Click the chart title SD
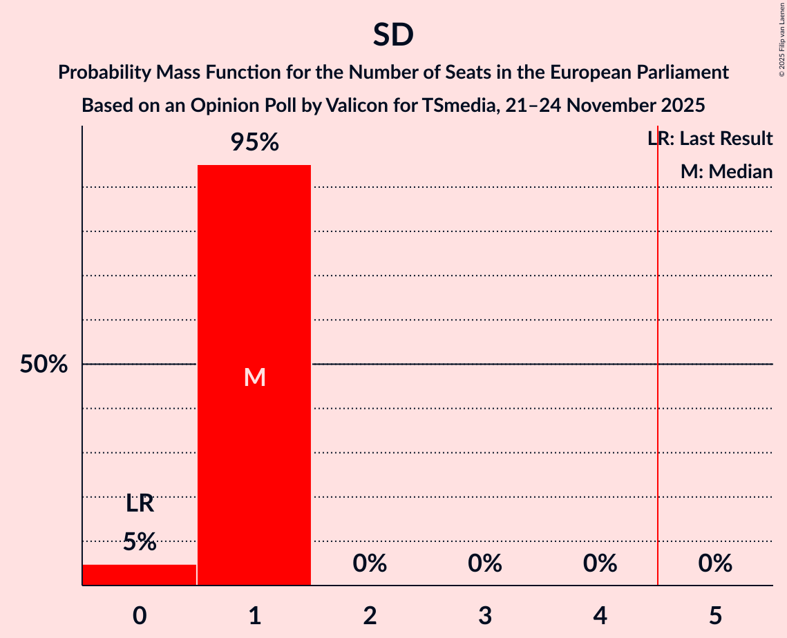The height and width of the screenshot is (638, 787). [393, 35]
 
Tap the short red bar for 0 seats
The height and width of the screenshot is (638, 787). [140, 574]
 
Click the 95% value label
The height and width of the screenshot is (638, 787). [254, 143]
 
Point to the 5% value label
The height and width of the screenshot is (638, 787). [140, 542]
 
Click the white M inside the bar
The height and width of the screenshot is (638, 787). [254, 377]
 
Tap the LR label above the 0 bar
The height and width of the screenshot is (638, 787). [140, 504]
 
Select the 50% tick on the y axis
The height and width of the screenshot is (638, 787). [44, 365]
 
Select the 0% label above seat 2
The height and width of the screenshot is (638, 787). [370, 564]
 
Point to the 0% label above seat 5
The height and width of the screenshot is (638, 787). [715, 564]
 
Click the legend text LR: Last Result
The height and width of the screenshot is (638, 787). [710, 139]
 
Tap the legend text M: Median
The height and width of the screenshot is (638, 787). [726, 172]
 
